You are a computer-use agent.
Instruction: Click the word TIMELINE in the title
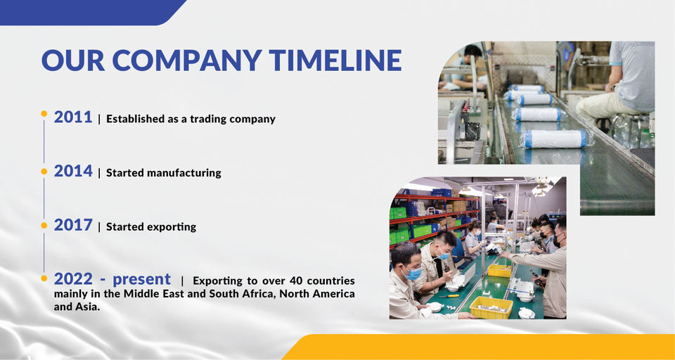(335, 60)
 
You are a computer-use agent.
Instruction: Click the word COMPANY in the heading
(187, 60)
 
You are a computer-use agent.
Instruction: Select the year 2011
(73, 117)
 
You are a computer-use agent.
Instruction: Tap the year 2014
(73, 171)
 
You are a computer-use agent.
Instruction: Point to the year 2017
(73, 225)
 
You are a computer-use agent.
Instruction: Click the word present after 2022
(141, 280)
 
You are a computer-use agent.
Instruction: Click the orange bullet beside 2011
(44, 114)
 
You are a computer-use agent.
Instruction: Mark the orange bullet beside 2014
(44, 172)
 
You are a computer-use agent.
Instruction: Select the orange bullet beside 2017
(44, 225)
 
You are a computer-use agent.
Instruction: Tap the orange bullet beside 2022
(44, 278)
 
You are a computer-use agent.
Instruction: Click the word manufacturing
(184, 173)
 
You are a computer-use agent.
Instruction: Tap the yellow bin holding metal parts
(491, 307)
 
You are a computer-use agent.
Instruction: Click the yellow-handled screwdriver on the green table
(449, 296)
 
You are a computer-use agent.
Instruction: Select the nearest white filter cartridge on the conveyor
(555, 139)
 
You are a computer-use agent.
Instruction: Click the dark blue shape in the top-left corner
(93, 13)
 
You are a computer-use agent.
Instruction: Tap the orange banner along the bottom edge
(479, 347)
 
